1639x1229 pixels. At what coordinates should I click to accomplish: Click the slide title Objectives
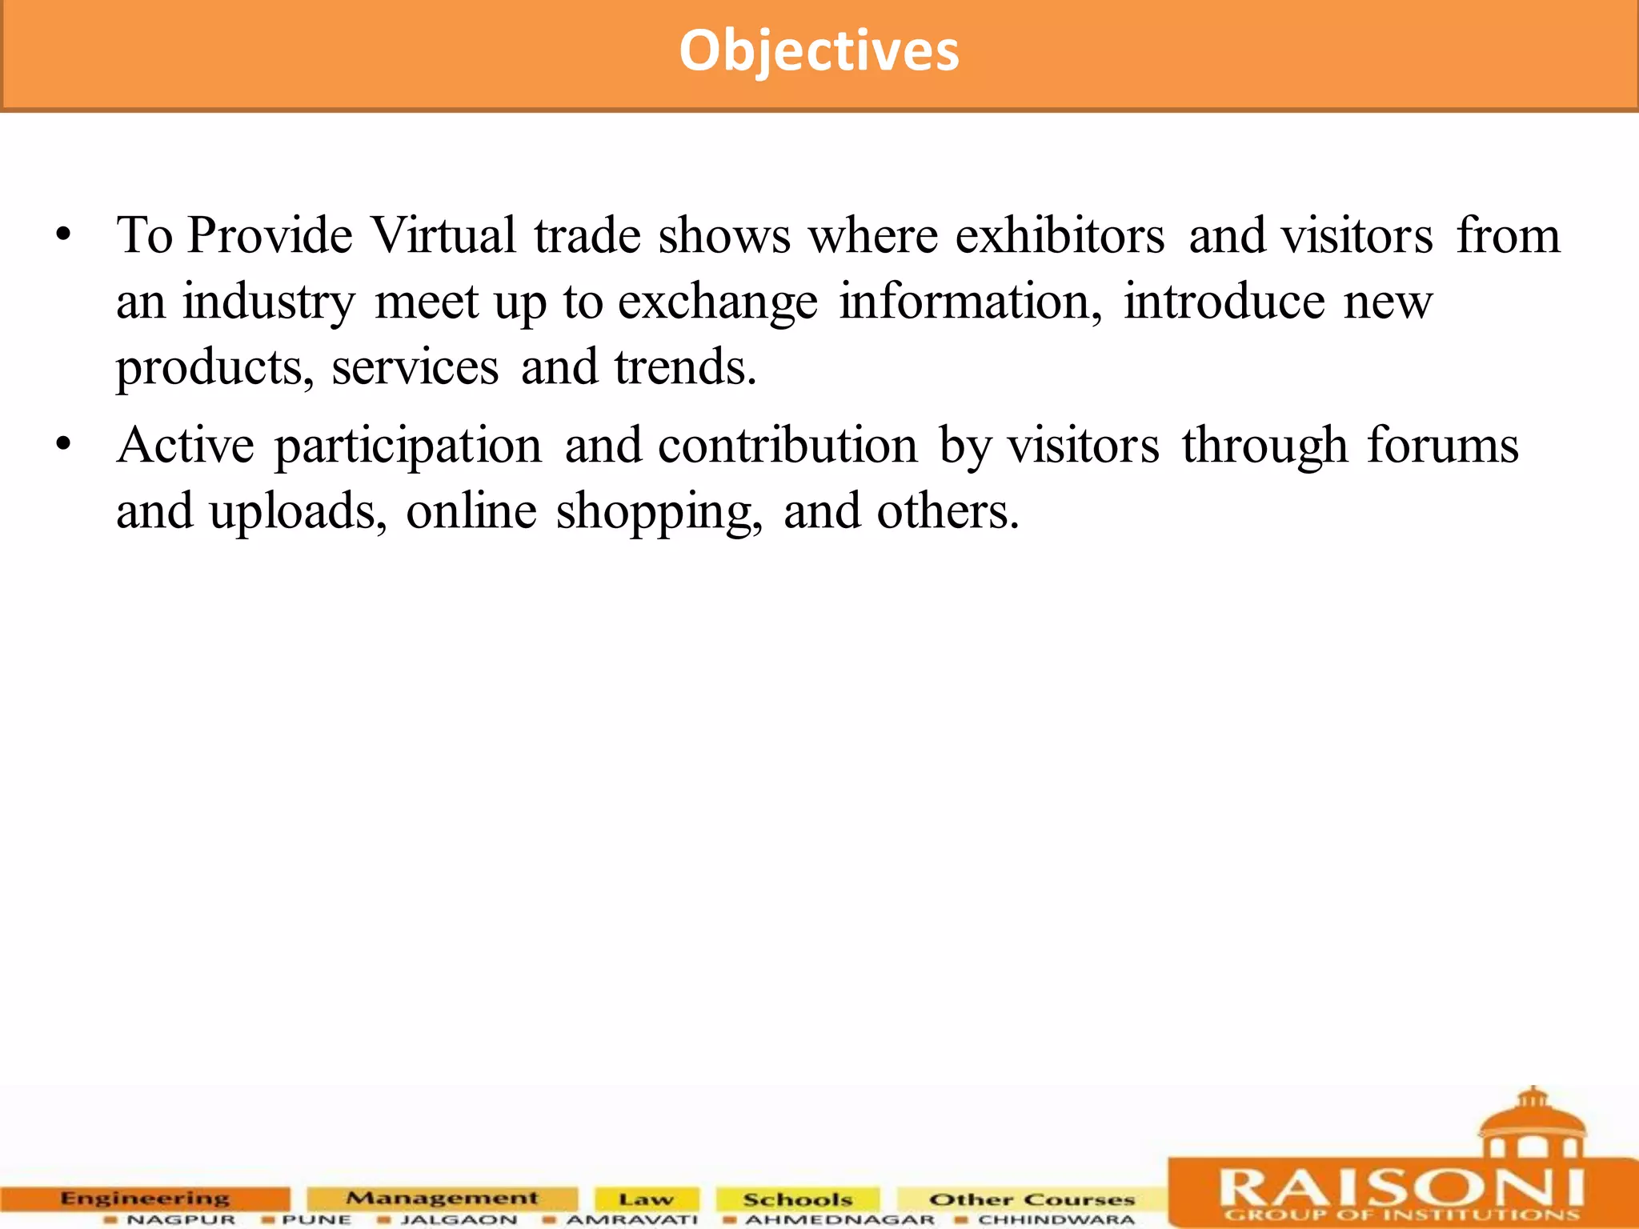819,51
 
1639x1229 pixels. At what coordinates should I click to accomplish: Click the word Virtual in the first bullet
443,236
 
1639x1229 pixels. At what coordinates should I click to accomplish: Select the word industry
268,303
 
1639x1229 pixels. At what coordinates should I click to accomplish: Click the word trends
685,367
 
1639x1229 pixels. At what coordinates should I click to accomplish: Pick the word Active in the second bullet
185,446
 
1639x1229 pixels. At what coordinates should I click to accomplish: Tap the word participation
408,447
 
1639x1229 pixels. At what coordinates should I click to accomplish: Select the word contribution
787,446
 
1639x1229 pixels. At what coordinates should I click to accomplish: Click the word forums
1442,446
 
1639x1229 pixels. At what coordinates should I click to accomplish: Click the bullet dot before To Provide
64,237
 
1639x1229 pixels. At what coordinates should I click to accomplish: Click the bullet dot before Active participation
64,446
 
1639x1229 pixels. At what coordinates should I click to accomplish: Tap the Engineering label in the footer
145,1198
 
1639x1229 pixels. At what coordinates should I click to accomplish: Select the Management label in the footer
442,1198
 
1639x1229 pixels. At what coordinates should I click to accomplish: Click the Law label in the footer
646,1199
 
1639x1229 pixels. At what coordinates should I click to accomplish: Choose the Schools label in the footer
797,1199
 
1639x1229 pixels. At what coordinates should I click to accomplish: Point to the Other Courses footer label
1032,1199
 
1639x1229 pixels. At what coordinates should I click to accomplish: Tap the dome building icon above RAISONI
1532,1123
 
